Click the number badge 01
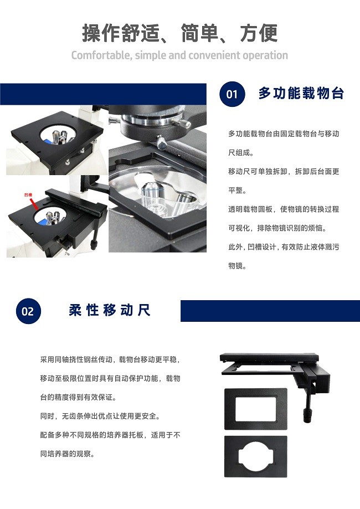tap(232, 94)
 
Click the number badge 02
tap(28, 311)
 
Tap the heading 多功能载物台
tap(301, 93)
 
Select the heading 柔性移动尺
tap(110, 310)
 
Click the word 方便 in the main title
tap(259, 33)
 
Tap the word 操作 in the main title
tap(101, 33)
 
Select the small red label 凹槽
tap(28, 195)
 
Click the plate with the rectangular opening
tap(256, 409)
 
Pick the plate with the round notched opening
tap(256, 456)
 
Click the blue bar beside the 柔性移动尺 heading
tap(270, 311)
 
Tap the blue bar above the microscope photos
tap(103, 94)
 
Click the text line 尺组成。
tap(241, 152)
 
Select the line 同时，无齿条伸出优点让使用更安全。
tap(100, 416)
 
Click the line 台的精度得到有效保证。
tap(78, 397)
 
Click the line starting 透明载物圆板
tap(284, 209)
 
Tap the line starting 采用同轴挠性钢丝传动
tap(110, 359)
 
